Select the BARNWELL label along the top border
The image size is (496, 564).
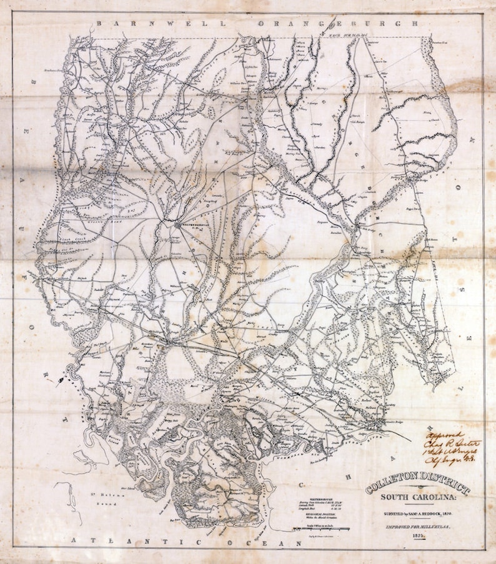[x=132, y=23]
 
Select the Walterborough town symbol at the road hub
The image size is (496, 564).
[x=176, y=223]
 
